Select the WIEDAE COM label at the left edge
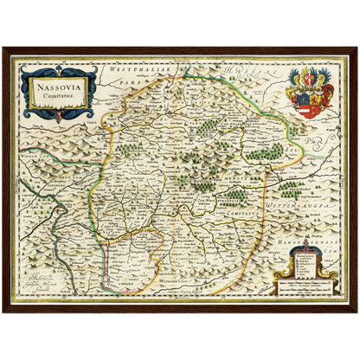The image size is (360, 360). coord(39,160)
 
